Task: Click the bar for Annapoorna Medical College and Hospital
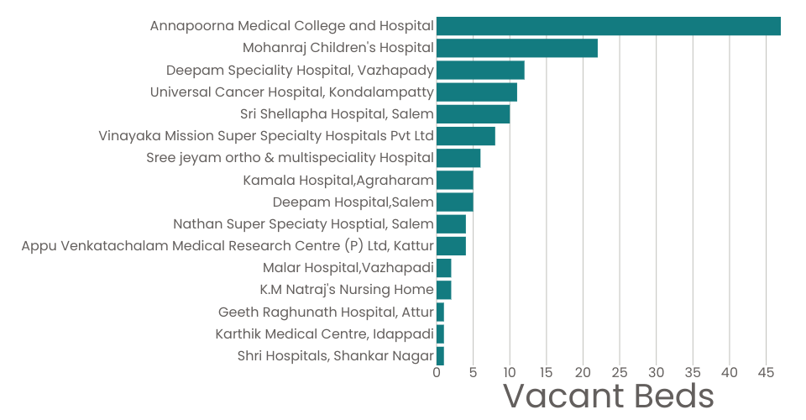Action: (x=609, y=26)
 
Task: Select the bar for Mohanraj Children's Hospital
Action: (x=517, y=48)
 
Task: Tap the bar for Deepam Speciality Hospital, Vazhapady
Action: (x=480, y=70)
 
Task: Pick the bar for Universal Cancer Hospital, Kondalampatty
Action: (x=477, y=92)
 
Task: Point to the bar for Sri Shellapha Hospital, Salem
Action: (x=473, y=113)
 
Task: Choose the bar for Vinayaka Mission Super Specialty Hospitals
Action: (x=466, y=136)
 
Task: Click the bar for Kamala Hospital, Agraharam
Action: (x=455, y=180)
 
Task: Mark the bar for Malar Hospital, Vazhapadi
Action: (x=444, y=268)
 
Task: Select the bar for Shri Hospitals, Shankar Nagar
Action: (x=440, y=355)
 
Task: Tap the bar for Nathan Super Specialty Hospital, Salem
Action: (x=451, y=223)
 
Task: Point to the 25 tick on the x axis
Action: (x=620, y=372)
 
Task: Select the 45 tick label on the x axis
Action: (x=766, y=372)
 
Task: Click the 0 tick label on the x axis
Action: (x=437, y=372)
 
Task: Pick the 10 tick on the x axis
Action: (x=510, y=372)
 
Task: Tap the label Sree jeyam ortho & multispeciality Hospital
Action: (x=290, y=158)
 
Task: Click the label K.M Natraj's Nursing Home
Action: (x=347, y=290)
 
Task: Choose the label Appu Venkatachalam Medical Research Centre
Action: (x=228, y=246)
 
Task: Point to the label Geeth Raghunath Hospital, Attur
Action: (x=326, y=312)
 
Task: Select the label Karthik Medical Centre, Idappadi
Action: (x=324, y=333)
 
